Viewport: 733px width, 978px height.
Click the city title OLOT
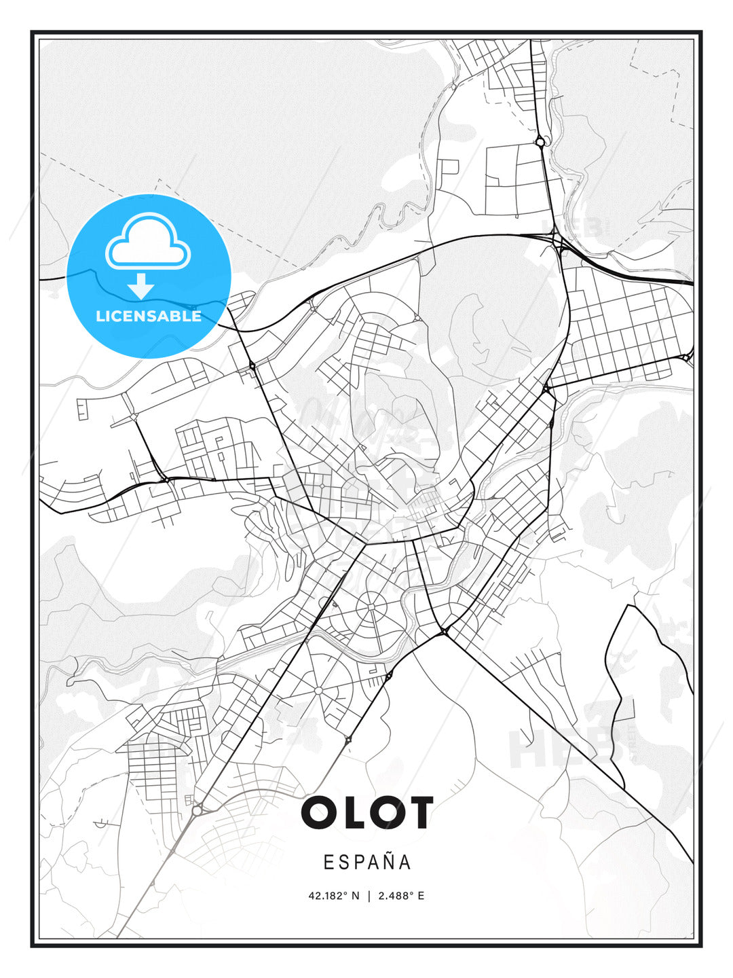(366, 812)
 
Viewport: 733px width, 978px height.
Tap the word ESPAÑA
(367, 862)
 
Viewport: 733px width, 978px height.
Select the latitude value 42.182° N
(333, 896)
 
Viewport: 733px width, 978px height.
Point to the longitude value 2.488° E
(401, 896)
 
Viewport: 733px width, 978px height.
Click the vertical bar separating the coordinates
(369, 896)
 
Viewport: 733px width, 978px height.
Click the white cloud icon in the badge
(148, 242)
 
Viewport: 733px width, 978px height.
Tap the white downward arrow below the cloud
(141, 286)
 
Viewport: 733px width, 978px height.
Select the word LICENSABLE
(149, 316)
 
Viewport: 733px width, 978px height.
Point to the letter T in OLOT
(418, 812)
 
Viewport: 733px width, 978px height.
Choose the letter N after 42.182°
(355, 896)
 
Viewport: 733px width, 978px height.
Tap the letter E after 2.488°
(421, 896)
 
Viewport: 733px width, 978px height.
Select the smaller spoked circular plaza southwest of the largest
(318, 690)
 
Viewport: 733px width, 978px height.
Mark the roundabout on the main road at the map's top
(540, 142)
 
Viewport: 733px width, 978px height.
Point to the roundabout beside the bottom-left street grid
(197, 810)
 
